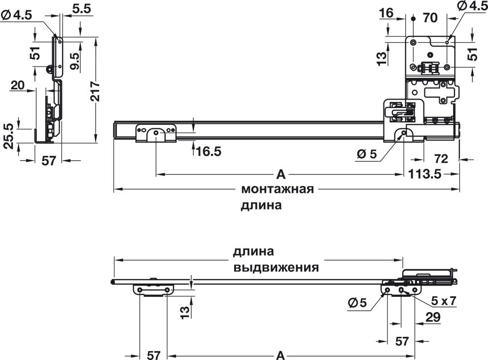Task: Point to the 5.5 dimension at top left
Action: tap(80, 8)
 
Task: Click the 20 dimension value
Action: tap(18, 85)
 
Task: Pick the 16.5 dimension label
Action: tap(209, 151)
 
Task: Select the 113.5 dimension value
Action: tap(424, 174)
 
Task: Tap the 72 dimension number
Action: tap(442, 159)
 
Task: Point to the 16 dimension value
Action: tap(387, 13)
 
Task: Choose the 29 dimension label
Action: tap(432, 318)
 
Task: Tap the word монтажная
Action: tap(278, 189)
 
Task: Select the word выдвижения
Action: tap(276, 268)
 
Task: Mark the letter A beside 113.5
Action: tap(280, 174)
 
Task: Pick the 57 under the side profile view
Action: tap(48, 161)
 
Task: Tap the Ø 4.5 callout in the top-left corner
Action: tap(17, 15)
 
